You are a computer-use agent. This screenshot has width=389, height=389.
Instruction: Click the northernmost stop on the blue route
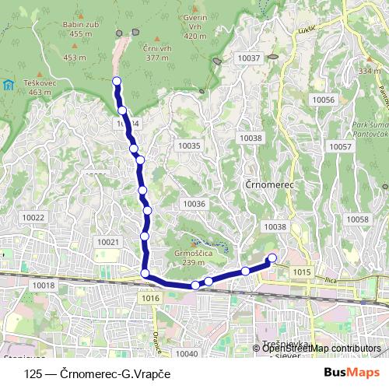(117, 81)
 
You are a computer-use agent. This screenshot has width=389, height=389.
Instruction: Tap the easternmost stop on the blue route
(272, 258)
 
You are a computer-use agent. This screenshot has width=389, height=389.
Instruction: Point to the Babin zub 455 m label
(86, 29)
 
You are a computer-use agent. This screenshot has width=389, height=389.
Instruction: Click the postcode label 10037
(249, 58)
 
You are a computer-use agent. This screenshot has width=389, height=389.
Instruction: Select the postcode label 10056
(321, 100)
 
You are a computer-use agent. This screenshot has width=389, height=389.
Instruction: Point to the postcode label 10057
(340, 146)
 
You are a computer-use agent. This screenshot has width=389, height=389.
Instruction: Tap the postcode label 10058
(357, 219)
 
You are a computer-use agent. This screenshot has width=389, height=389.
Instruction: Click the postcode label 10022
(34, 218)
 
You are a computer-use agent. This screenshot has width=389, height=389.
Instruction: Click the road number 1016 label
(151, 298)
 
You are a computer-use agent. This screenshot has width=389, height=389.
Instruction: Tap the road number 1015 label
(303, 272)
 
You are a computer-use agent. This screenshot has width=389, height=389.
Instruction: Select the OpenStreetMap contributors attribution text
(321, 348)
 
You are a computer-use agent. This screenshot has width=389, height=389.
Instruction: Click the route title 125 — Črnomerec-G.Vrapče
(97, 373)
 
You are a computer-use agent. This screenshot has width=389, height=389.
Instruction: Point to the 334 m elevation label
(370, 71)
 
